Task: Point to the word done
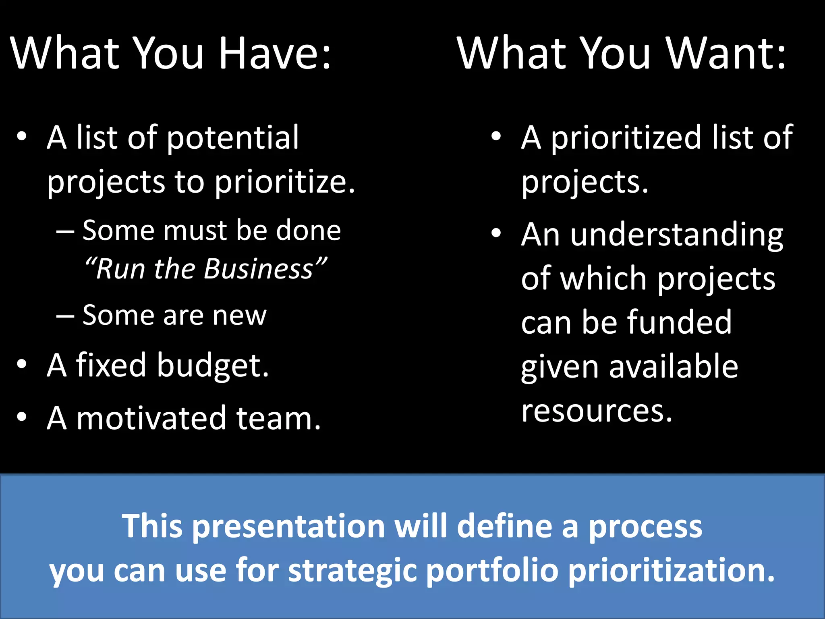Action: pyautogui.click(x=308, y=231)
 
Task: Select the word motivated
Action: pyautogui.click(x=151, y=418)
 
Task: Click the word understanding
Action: pyautogui.click(x=677, y=236)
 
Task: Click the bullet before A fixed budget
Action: pyautogui.click(x=22, y=364)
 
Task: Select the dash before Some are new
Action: pyautogui.click(x=65, y=316)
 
